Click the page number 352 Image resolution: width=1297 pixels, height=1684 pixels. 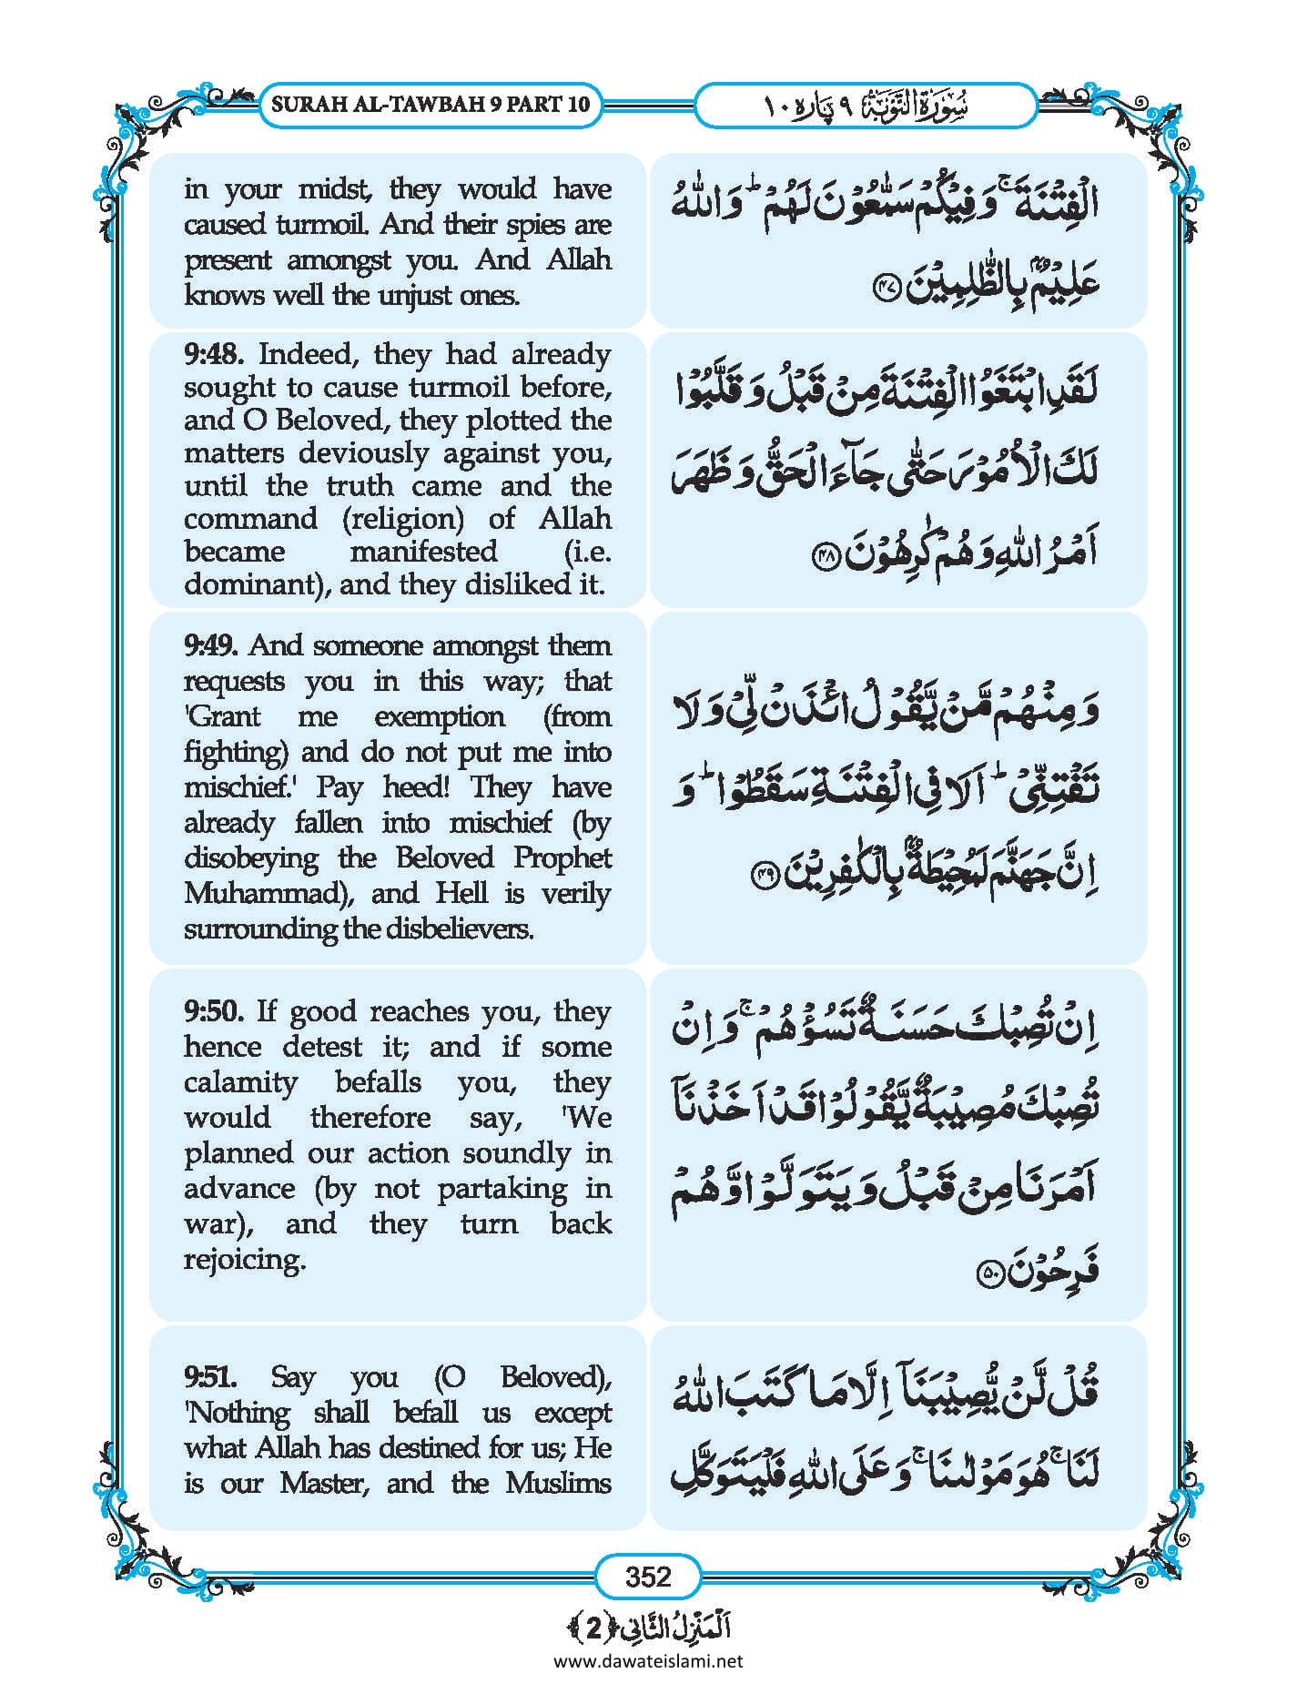pyautogui.click(x=648, y=1576)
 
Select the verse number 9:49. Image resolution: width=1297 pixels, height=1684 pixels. pyautogui.click(x=211, y=646)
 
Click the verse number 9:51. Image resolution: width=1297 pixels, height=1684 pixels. pyautogui.click(x=211, y=1377)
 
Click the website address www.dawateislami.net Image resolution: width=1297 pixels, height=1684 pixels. pyautogui.click(x=648, y=1660)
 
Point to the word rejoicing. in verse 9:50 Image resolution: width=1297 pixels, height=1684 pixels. pyautogui.click(x=245, y=1260)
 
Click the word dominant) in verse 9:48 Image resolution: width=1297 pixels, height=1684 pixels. pyautogui.click(x=256, y=584)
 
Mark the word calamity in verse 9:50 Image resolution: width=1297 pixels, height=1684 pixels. pyautogui.click(x=240, y=1082)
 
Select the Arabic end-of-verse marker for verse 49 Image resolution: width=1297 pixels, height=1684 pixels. pyautogui.click(x=761, y=876)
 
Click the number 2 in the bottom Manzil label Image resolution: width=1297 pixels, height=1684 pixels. pyautogui.click(x=593, y=1628)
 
